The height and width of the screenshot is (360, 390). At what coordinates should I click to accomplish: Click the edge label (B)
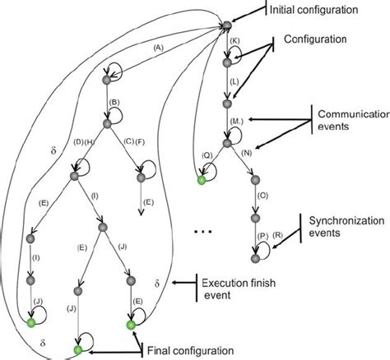pos(116,103)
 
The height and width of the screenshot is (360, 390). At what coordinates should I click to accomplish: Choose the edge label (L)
pos(234,85)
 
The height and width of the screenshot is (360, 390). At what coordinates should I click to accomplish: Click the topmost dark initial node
pos(225,30)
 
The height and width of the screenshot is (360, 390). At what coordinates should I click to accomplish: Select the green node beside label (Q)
pos(199,180)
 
